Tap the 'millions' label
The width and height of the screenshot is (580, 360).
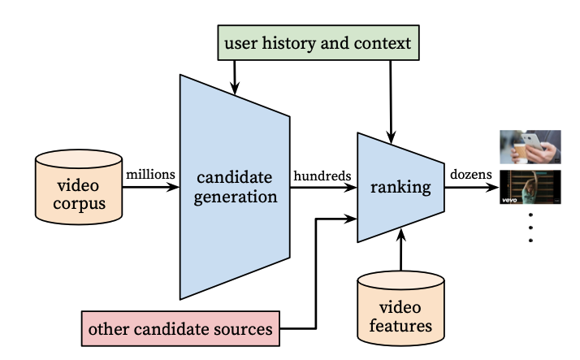coord(149,175)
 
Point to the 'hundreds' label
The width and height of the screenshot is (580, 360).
coord(323,175)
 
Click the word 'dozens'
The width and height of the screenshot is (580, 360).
coord(470,175)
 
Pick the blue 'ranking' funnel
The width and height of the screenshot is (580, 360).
coord(400,188)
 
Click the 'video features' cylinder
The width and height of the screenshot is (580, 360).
coord(400,306)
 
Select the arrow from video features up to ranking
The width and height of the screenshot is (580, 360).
coord(400,252)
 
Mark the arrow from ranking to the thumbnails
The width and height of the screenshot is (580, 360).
coord(470,188)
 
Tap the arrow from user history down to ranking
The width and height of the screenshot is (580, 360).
coord(392,98)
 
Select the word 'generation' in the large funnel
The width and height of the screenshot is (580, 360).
coord(235,196)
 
